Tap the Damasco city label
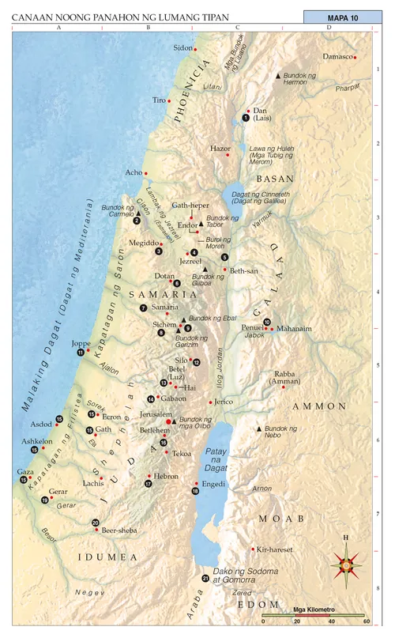pos(337,57)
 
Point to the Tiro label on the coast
pos(159,100)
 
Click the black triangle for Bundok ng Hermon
pos(277,75)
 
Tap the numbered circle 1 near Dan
pos(246,118)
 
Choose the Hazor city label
pos(220,148)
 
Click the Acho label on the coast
pos(134,172)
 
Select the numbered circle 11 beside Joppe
pos(81,353)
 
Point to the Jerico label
pos(224,402)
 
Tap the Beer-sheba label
pos(117,531)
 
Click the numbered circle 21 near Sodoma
pos(205,579)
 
